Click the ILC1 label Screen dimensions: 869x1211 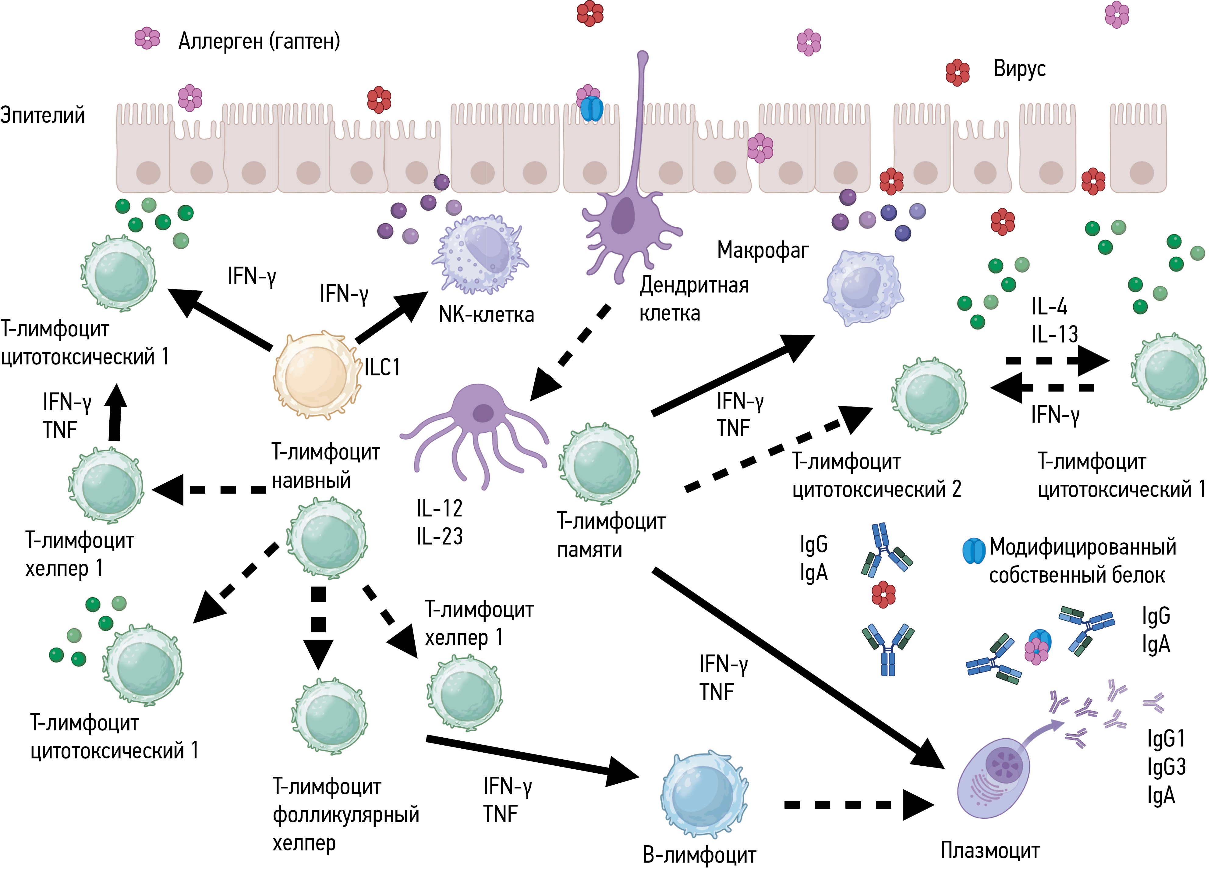(382, 367)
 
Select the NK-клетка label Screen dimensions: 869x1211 (486, 314)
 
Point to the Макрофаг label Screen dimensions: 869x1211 (763, 250)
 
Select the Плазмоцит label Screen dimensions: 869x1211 (990, 850)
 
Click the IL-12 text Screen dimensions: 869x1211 (439, 509)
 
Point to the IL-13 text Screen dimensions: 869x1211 (1054, 335)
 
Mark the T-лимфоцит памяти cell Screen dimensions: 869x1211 (599, 464)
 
